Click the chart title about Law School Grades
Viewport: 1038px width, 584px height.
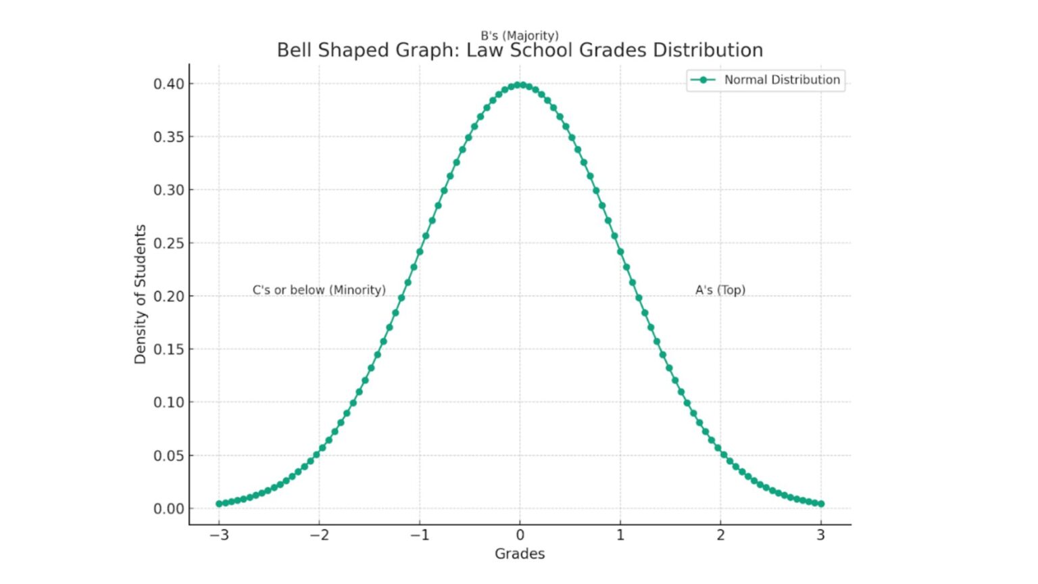520,51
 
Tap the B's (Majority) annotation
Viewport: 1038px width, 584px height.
520,35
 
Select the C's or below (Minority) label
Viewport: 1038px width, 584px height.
319,290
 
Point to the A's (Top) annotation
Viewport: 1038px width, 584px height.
720,290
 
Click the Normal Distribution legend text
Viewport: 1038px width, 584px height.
782,80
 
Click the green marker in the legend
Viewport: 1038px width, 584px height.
703,80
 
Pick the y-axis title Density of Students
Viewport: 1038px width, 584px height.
140,294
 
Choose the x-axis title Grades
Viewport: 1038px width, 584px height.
520,554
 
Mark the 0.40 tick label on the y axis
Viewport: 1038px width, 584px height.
168,84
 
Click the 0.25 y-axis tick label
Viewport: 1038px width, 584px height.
168,243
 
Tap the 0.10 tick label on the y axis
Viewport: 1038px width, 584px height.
168,402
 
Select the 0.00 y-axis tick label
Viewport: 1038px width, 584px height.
168,508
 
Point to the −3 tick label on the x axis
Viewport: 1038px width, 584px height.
218,535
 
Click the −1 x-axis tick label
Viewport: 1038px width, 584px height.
419,535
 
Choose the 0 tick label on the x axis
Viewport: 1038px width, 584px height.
520,535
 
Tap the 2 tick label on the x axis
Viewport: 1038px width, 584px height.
720,535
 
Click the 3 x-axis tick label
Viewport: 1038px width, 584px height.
821,535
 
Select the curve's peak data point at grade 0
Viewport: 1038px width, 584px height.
520,85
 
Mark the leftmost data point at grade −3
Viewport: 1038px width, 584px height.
219,504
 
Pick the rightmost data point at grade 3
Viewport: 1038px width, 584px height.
821,504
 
